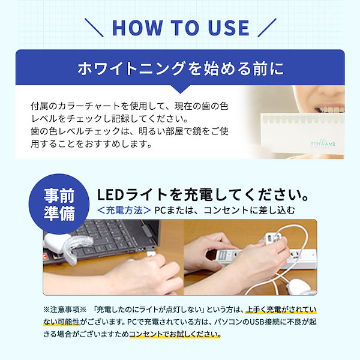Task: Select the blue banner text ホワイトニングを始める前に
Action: point(180,68)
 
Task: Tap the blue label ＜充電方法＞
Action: point(123,211)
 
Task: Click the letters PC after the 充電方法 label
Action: point(160,211)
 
